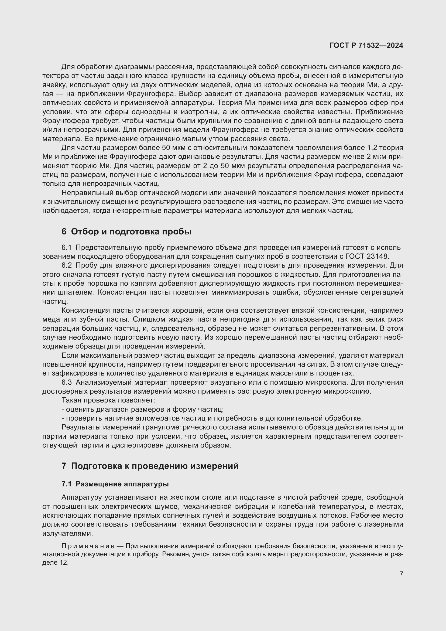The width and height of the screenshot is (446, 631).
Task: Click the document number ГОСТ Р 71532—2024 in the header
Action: [366, 45]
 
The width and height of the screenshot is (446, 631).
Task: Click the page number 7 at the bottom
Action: [401, 574]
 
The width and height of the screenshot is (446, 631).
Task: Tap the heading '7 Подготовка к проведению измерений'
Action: [150, 466]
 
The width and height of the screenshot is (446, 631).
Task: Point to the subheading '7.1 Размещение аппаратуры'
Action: [115, 484]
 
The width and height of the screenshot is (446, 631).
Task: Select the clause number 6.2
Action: [66, 265]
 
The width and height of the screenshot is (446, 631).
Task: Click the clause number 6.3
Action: [66, 382]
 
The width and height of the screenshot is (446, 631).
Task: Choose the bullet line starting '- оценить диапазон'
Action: [143, 409]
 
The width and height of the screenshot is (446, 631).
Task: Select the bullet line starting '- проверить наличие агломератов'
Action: [212, 418]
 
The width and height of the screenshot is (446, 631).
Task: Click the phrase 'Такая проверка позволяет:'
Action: [108, 400]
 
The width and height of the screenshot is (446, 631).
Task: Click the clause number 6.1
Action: [66, 248]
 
